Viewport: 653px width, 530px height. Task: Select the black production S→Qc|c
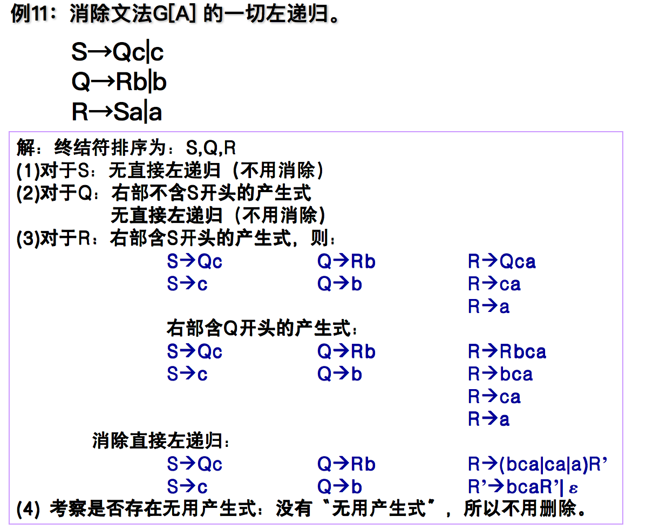tap(117, 52)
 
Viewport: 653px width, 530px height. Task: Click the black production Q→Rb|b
tap(119, 82)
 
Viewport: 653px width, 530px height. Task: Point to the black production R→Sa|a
tap(117, 112)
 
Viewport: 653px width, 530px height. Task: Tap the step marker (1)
tap(28, 171)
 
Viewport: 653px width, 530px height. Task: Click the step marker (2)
tap(28, 193)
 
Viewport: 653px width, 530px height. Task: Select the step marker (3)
tap(28, 238)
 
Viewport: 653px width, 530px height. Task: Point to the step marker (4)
tap(28, 509)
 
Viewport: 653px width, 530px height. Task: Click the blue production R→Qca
tap(501, 262)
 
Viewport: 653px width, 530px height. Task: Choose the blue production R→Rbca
tap(507, 352)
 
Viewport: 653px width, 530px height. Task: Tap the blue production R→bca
tap(500, 374)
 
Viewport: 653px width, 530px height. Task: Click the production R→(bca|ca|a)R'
tap(538, 464)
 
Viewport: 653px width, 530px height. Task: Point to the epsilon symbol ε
tap(573, 488)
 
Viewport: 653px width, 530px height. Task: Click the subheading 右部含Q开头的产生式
tap(261, 328)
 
